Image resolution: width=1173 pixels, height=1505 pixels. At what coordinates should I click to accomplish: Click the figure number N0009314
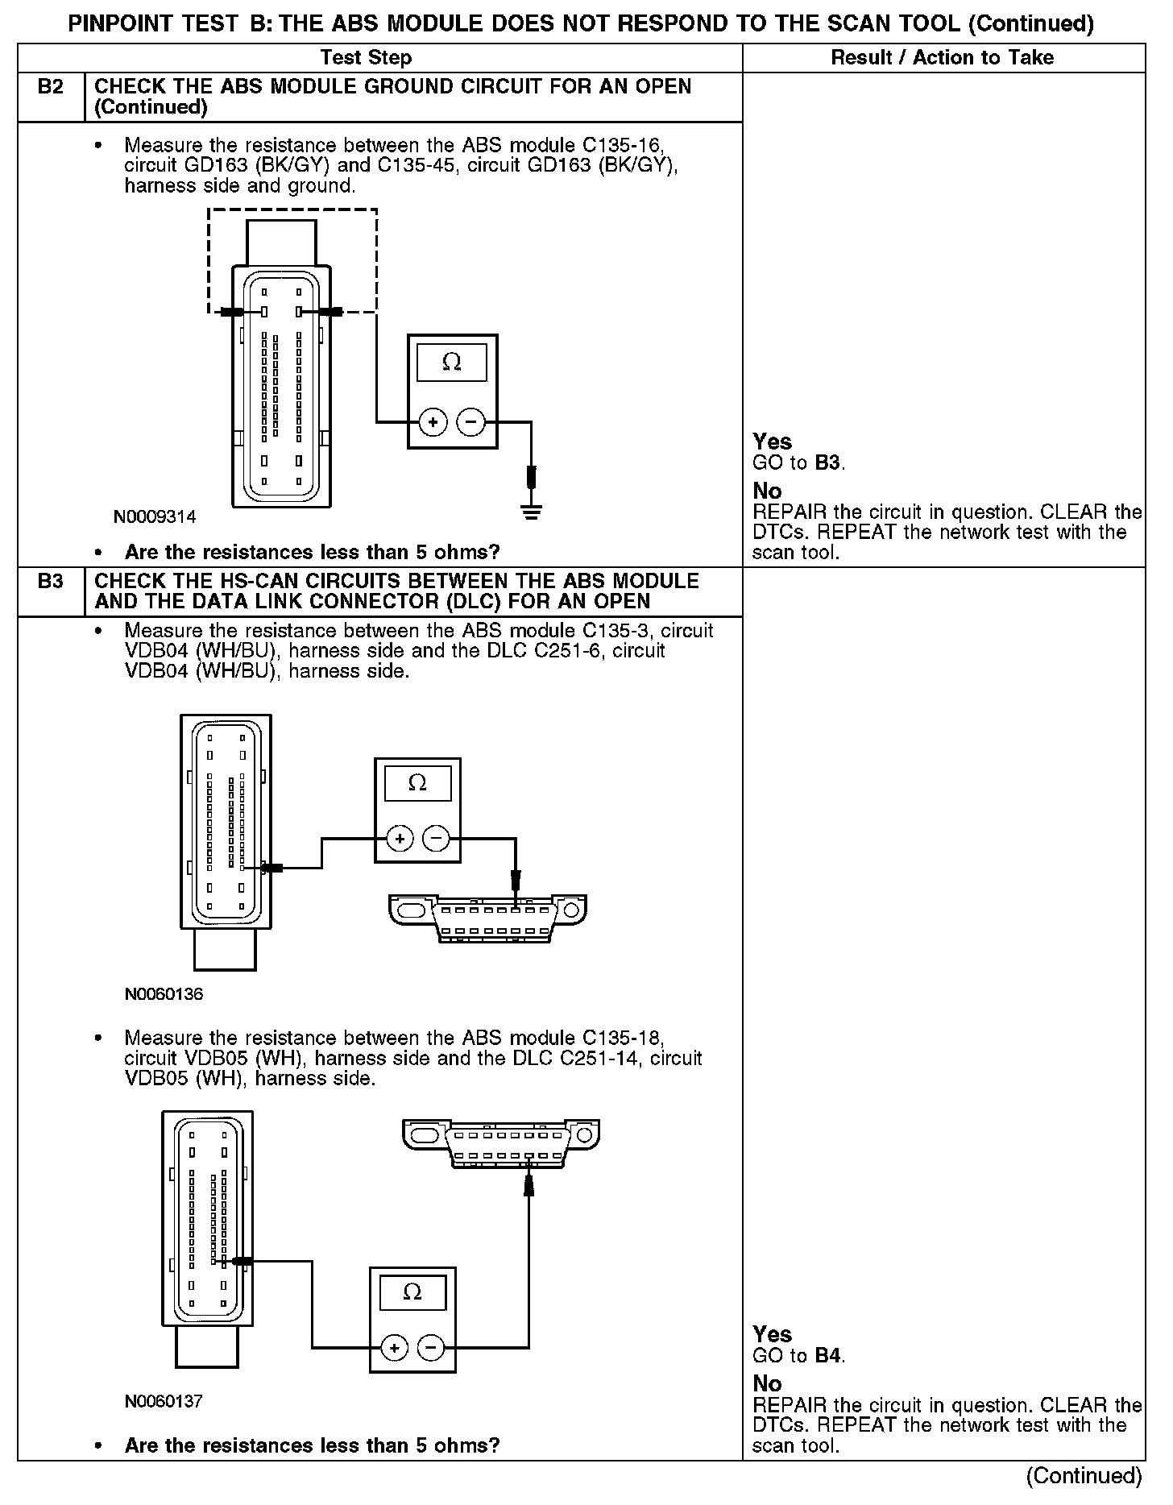tap(155, 516)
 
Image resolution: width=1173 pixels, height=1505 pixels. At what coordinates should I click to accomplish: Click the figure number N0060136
tap(164, 994)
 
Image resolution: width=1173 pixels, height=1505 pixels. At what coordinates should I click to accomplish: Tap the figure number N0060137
tap(164, 1401)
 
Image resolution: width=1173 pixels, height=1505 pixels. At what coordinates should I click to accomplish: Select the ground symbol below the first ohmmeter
tap(531, 510)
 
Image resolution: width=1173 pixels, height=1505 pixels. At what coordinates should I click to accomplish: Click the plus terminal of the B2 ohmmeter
tap(433, 421)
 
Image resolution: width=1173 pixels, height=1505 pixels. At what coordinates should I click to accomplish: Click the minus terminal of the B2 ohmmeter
tap(471, 421)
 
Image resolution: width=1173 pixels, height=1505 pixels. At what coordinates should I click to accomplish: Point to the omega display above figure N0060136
tap(417, 782)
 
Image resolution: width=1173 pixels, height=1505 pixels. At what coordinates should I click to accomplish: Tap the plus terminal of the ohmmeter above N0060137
tap(394, 1347)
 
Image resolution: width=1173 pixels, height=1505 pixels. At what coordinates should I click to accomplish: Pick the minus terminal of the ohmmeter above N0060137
tap(431, 1347)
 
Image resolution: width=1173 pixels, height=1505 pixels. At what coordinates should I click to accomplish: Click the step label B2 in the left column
tap(51, 87)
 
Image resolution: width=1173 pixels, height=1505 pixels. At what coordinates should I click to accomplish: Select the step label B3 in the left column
tap(51, 581)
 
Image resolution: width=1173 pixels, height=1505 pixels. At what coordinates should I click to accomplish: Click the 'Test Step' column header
tap(366, 58)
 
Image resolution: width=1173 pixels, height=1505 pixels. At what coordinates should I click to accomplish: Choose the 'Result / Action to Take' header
tap(942, 58)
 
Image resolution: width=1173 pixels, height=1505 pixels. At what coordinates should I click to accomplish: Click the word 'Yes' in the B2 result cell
tap(772, 442)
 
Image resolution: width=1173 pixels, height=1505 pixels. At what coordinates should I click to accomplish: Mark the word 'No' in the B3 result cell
tap(767, 1383)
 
